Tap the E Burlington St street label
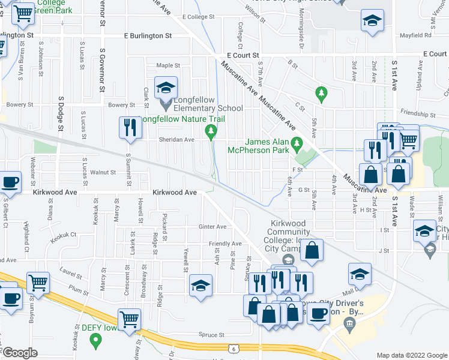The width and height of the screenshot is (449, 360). [148, 36]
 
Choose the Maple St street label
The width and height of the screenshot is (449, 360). [168, 65]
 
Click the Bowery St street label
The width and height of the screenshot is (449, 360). [121, 105]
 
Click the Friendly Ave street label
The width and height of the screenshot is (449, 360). [224, 244]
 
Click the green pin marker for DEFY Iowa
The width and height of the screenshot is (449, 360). [95, 341]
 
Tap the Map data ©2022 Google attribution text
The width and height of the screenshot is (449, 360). [411, 355]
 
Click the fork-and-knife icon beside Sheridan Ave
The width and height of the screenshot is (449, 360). [128, 127]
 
